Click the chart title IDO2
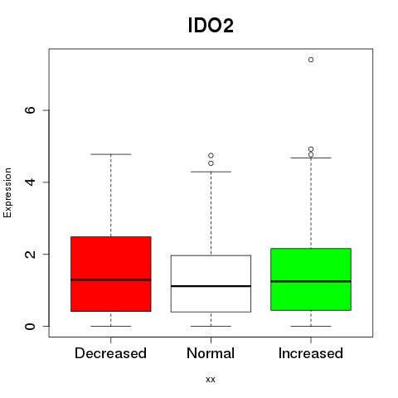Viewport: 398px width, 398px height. coord(211,26)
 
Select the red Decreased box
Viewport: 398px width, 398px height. coord(111,274)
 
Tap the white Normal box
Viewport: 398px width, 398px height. coord(211,284)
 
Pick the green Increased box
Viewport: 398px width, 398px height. coord(311,279)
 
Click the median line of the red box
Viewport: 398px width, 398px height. coord(111,280)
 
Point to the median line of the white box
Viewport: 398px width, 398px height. coord(211,286)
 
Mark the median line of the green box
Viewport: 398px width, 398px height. coord(311,281)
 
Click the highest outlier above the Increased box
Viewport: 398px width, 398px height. coord(311,60)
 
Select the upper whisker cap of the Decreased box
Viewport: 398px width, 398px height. coord(111,154)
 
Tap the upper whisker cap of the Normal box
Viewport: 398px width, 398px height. coord(211,172)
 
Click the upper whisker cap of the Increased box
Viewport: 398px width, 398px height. coord(311,158)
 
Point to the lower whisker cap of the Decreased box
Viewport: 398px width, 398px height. coord(111,326)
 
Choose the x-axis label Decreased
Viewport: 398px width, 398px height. coord(110,353)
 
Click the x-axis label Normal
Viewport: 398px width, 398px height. coord(211,353)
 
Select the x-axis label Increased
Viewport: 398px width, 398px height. coord(311,353)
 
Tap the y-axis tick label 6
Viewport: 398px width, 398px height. coord(30,110)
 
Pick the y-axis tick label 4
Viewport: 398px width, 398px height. coord(30,182)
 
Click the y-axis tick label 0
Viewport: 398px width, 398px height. coord(30,326)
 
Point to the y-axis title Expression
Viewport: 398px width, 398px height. coord(7,192)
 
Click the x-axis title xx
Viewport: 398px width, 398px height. coord(211,380)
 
